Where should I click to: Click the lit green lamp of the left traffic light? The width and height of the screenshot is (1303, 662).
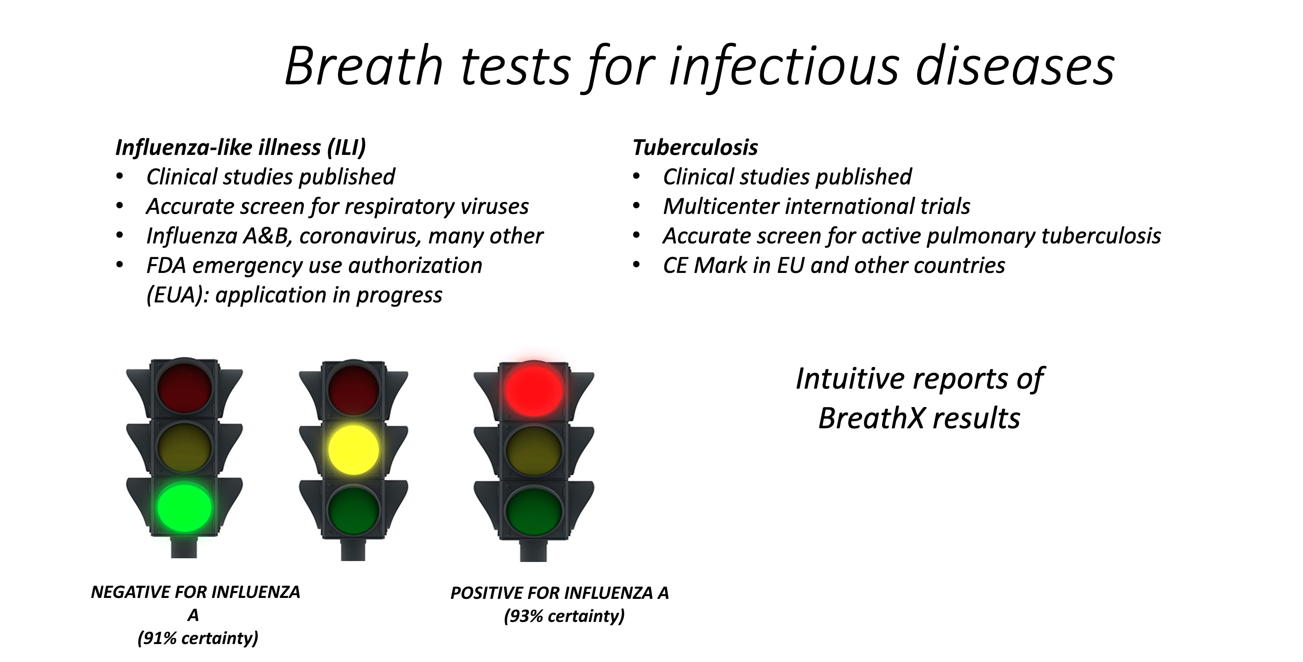(x=184, y=507)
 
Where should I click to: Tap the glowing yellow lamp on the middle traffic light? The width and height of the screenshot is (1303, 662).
(x=354, y=449)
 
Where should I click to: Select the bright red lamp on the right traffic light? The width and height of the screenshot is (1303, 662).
(x=533, y=389)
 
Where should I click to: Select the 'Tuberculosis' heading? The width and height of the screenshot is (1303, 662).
(x=695, y=148)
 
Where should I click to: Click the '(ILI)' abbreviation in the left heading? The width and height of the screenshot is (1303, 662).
(x=346, y=148)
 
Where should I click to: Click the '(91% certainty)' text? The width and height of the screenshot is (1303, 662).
(x=198, y=638)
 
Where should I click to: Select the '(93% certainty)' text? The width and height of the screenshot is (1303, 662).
(x=564, y=616)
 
